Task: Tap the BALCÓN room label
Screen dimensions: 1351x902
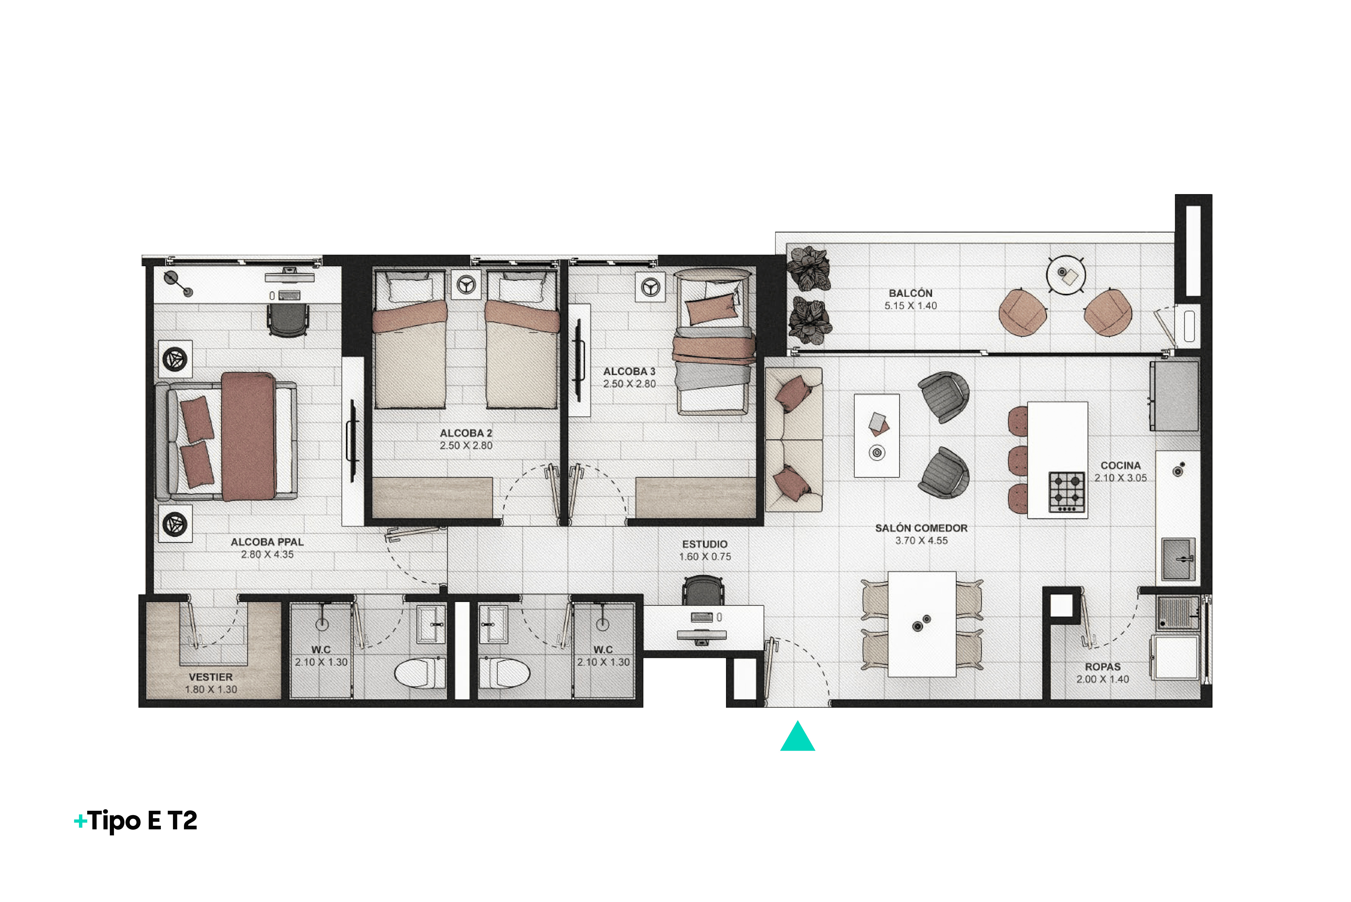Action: pos(911,293)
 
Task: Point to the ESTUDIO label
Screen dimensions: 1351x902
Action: pos(705,544)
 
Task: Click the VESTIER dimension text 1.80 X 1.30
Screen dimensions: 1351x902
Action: pos(211,689)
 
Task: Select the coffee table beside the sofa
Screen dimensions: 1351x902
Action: pos(877,435)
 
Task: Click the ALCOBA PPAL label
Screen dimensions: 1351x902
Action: pos(267,542)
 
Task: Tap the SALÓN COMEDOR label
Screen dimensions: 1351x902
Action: pos(922,528)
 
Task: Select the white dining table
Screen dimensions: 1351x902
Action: pos(922,624)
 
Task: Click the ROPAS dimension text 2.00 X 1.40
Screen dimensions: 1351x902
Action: pos(1103,679)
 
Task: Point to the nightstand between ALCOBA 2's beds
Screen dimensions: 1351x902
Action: pos(466,285)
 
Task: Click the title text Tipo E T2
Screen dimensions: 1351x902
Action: pos(143,821)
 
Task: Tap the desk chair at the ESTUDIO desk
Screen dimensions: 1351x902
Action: pos(703,591)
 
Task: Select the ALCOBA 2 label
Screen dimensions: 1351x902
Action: pos(466,433)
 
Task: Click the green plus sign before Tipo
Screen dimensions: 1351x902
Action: pos(81,821)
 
